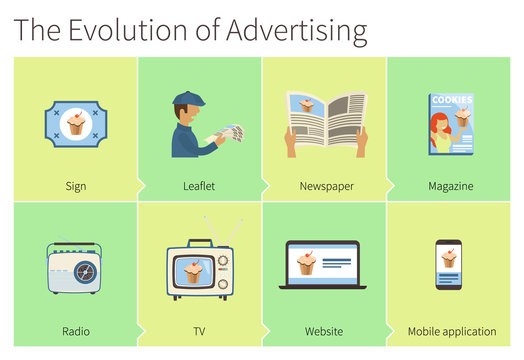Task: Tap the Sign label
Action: click(x=75, y=186)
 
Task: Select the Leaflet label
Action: click(x=200, y=186)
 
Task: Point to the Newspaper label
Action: click(x=325, y=186)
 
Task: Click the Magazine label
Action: click(x=450, y=186)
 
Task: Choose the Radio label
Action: click(x=75, y=331)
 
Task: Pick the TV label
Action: click(x=199, y=331)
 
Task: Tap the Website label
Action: click(x=324, y=331)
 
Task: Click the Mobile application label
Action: click(x=451, y=331)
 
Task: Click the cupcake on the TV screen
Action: click(x=190, y=271)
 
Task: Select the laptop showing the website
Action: click(x=324, y=265)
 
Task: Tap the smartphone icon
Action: click(x=449, y=265)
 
